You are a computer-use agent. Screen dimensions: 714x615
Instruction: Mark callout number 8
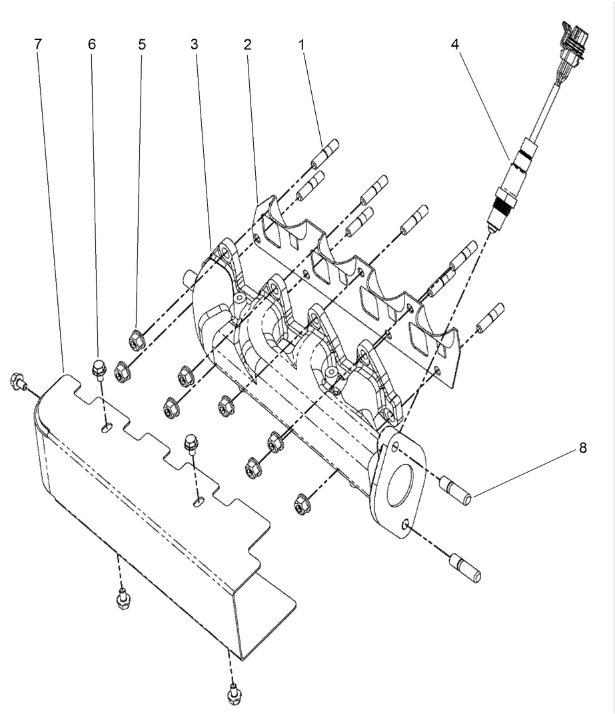[582, 448]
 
